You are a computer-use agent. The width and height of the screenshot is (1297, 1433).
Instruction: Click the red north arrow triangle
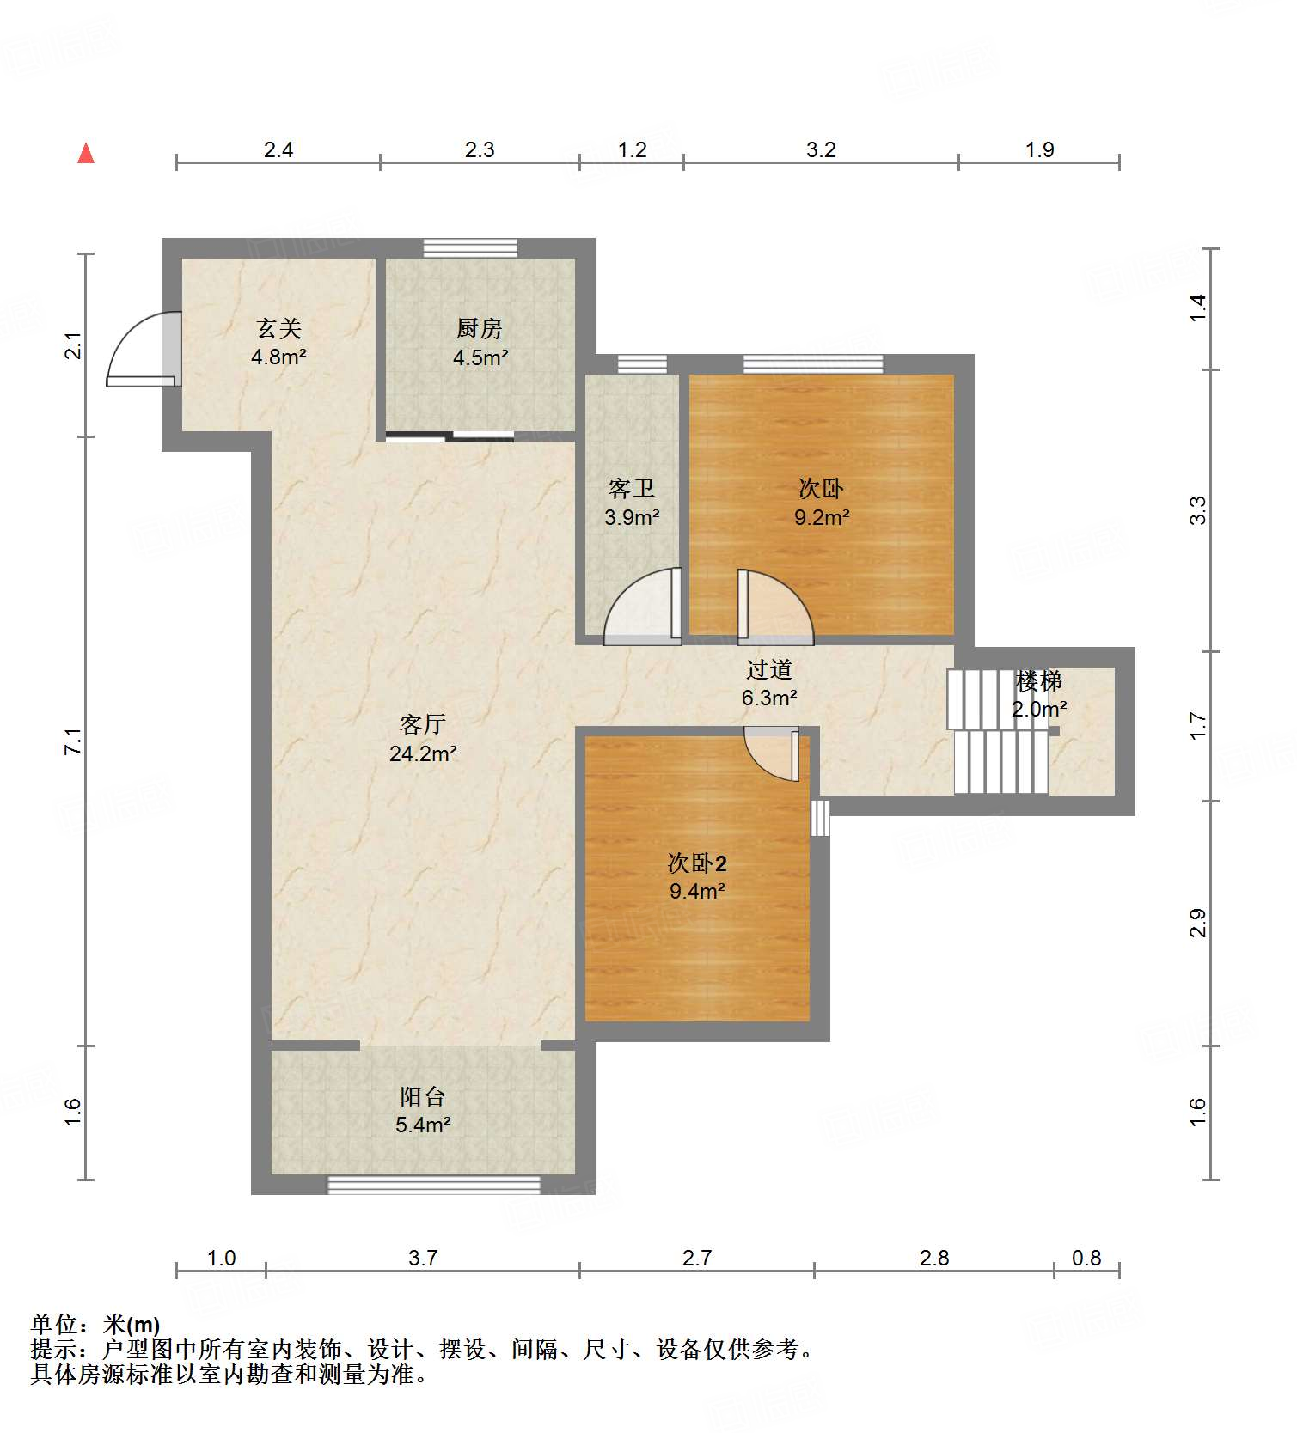86,154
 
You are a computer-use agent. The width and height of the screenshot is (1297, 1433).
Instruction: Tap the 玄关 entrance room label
279,328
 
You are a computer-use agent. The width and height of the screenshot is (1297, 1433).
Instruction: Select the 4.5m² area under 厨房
480,357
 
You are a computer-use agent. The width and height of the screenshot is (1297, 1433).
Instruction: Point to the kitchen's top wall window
470,248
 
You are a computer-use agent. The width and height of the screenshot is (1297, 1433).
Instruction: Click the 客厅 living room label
422,725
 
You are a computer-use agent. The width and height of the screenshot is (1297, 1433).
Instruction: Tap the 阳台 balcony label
422,1096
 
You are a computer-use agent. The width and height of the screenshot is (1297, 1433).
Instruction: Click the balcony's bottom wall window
434,1186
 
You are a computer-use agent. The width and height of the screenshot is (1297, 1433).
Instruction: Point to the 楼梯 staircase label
1038,681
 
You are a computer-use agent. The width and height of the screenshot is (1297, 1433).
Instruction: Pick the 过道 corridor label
768,669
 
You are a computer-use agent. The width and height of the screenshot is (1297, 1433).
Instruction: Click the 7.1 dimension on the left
74,741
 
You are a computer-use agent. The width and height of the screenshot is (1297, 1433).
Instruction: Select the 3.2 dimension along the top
821,149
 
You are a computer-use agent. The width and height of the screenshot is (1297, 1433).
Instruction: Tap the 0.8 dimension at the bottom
1086,1258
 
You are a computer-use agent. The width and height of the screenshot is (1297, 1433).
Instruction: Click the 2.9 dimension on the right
1198,924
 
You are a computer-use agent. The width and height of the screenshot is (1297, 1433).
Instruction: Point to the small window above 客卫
642,363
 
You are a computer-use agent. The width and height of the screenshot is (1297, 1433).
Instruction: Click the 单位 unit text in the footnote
53,1325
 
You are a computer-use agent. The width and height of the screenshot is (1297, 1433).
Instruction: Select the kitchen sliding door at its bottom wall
481,436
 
